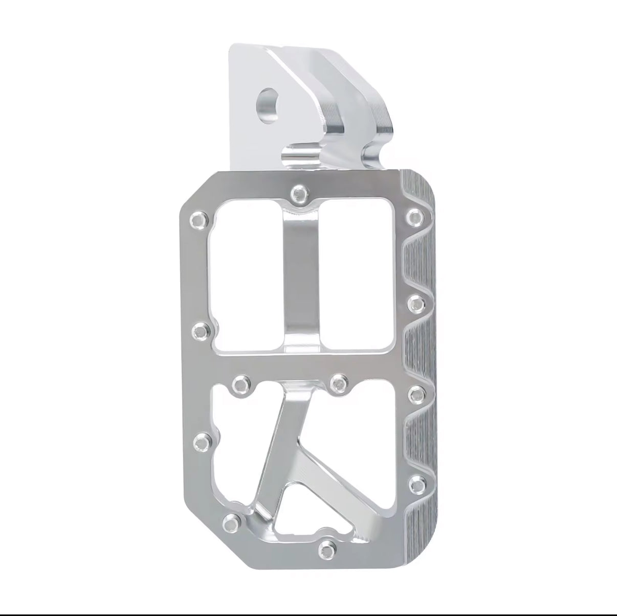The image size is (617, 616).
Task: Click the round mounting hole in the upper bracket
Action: point(269,99)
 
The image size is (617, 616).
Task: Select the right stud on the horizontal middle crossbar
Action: point(338,382)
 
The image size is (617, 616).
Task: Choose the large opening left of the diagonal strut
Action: point(240,460)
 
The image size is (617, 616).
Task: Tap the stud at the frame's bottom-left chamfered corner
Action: point(232,522)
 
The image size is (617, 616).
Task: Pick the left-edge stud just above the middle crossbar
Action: point(200,331)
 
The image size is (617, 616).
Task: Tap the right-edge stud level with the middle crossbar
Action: point(416,393)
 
